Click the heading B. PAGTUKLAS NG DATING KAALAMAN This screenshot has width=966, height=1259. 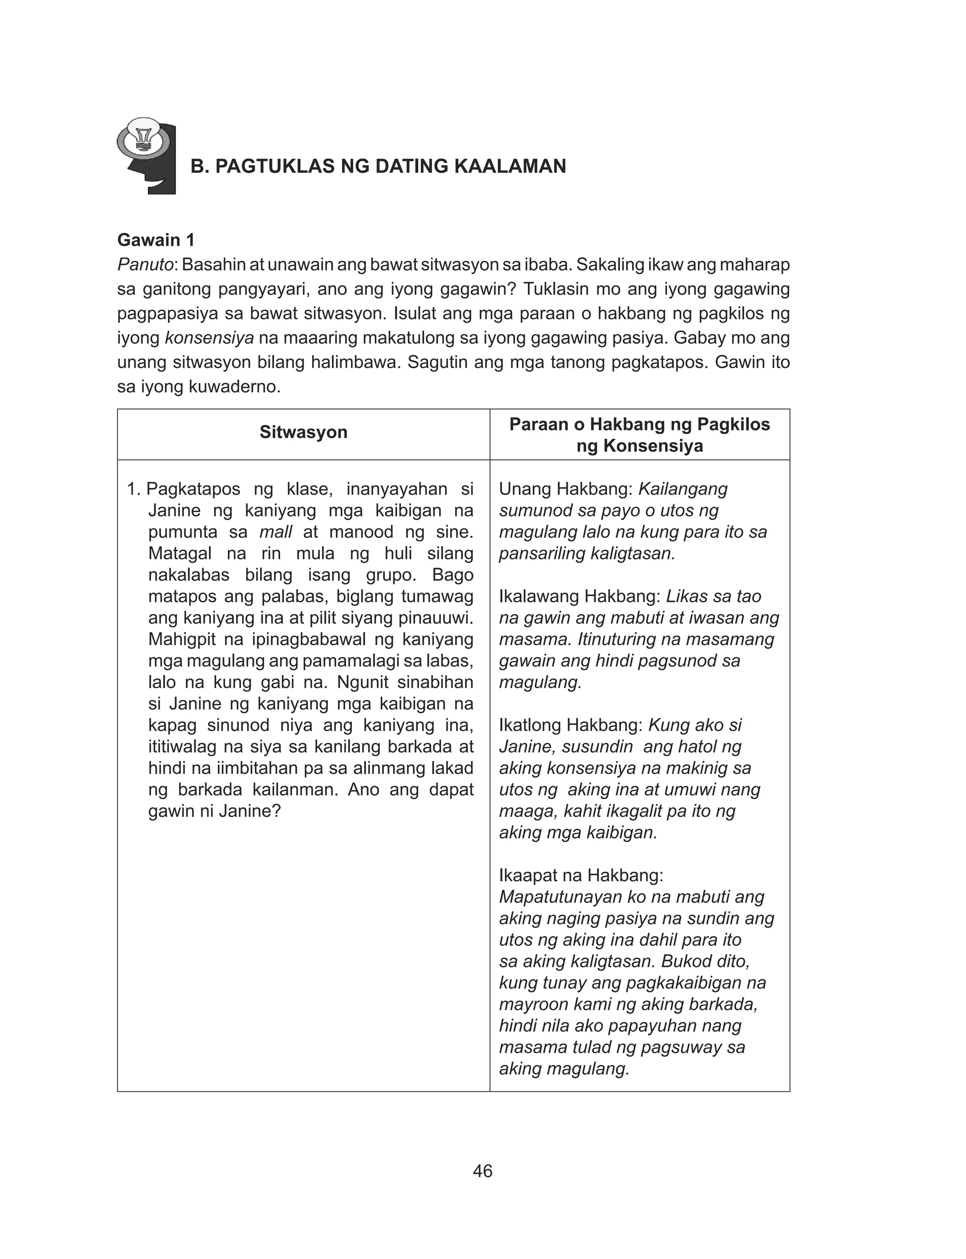click(x=378, y=166)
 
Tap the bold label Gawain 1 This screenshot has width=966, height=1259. click(x=156, y=240)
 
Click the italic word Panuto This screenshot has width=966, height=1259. click(x=145, y=265)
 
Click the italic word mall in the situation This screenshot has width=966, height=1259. click(x=276, y=532)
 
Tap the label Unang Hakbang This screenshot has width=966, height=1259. click(x=565, y=489)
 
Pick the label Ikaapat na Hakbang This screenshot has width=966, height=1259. click(x=581, y=875)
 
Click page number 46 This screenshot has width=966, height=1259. click(x=483, y=1171)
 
